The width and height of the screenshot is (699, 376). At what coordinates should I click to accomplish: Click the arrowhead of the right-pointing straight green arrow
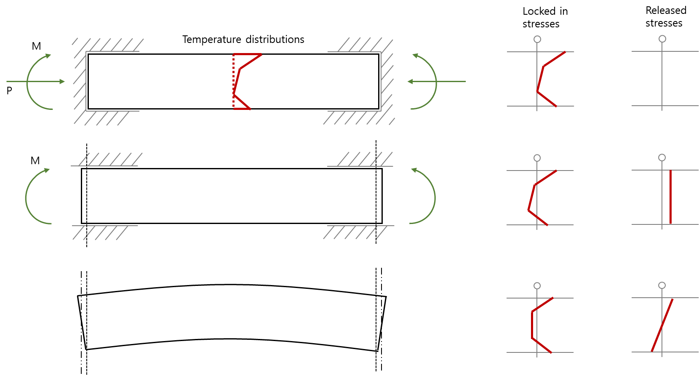click(x=63, y=82)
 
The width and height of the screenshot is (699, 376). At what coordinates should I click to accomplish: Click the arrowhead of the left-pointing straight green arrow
click(x=410, y=82)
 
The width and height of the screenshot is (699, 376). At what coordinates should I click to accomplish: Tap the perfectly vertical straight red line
click(x=670, y=197)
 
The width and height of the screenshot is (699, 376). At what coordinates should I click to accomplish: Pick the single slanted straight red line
click(x=662, y=325)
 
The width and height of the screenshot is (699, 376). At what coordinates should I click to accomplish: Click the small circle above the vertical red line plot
click(x=662, y=157)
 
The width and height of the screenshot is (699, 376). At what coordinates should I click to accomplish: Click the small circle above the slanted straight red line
click(x=662, y=285)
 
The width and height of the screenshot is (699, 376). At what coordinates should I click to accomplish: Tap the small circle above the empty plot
click(x=662, y=39)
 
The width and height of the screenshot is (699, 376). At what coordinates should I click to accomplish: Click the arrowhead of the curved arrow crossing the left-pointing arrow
click(x=415, y=56)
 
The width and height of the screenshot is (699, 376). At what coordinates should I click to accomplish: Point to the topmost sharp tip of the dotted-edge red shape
click(x=261, y=54)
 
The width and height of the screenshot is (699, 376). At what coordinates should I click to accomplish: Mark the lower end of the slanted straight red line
click(x=652, y=351)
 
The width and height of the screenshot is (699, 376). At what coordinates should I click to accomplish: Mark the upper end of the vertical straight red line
click(x=670, y=171)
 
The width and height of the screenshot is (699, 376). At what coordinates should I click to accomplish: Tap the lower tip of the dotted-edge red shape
click(x=251, y=109)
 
